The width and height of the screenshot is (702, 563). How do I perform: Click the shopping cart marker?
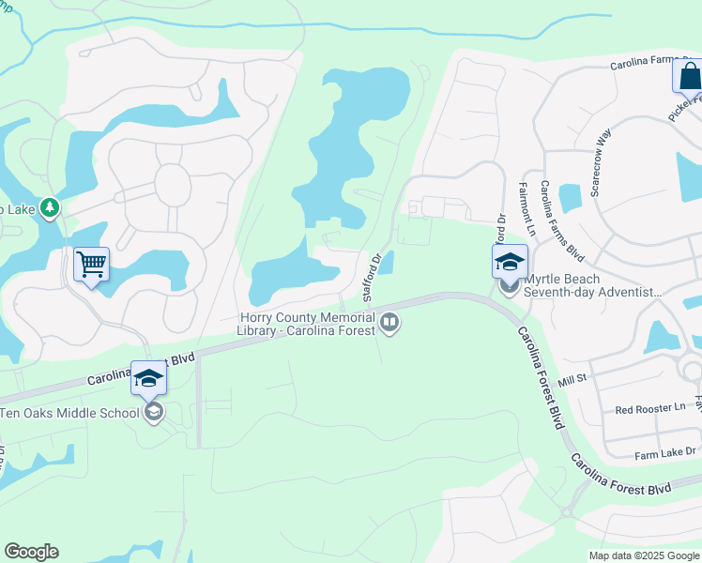pos(92,266)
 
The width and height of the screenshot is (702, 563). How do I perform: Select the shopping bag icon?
pos(689,76)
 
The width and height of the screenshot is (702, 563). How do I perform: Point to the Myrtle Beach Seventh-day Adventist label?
pos(593,286)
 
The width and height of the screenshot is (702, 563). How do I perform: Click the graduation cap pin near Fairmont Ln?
pos(510,262)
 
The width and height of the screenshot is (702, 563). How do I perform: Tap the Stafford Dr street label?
pos(373,280)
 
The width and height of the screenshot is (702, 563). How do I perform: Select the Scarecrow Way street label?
pos(601,162)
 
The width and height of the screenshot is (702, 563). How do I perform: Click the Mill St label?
pos(571,376)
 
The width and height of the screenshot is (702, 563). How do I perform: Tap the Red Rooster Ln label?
pos(650,409)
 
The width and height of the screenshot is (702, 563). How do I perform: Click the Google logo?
pos(31,552)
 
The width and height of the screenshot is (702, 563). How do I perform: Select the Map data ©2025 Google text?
pos(643,555)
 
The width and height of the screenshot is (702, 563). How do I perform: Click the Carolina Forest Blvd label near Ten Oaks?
pos(141,369)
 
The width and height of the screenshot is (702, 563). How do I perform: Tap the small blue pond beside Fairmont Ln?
pos(570,198)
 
